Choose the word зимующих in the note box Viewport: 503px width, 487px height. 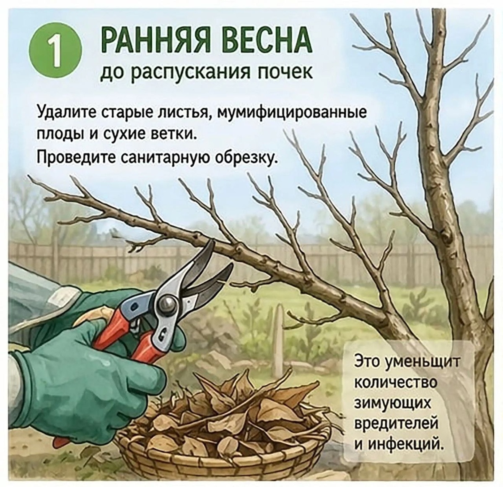pos(387,402)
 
